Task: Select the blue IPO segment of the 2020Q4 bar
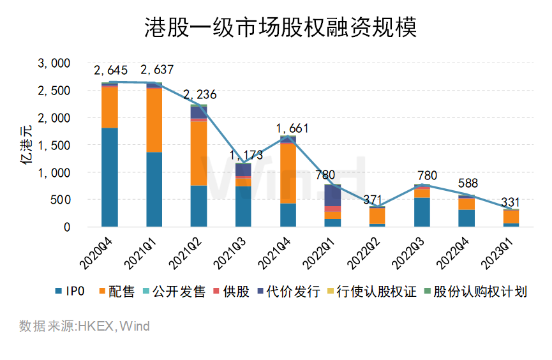click(x=110, y=177)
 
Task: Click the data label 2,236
click(x=200, y=94)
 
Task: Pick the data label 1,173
click(x=243, y=154)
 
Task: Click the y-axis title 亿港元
click(x=27, y=146)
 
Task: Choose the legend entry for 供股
click(x=243, y=292)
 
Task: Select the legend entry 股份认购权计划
click(x=475, y=292)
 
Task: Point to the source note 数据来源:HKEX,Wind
click(x=84, y=327)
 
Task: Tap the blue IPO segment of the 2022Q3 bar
click(x=422, y=212)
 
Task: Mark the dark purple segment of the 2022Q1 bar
click(x=333, y=195)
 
